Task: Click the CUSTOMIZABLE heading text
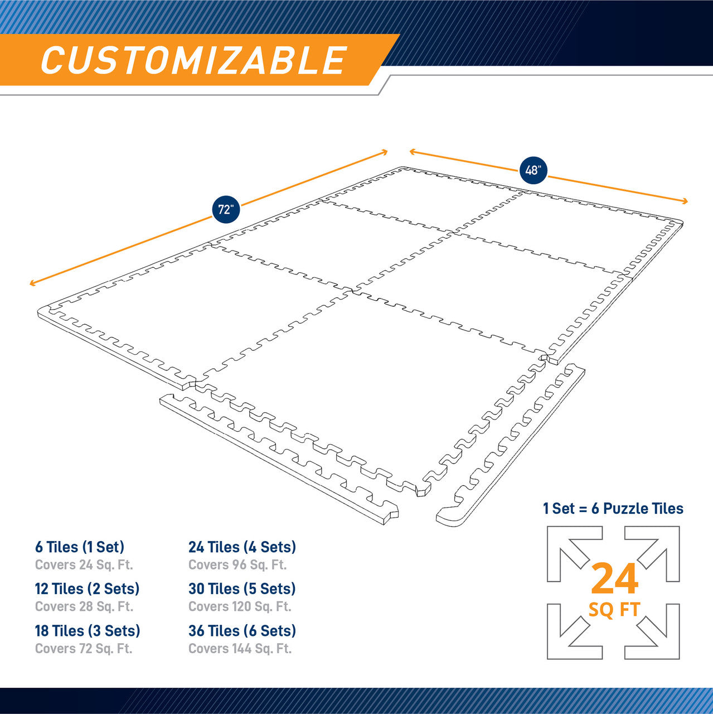tap(193, 60)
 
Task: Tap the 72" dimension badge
tap(226, 210)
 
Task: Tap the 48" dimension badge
tap(533, 170)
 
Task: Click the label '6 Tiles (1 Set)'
tap(80, 547)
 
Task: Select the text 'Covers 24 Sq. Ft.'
tap(84, 565)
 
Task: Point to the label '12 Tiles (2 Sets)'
tap(87, 588)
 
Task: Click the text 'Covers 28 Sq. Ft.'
tap(84, 606)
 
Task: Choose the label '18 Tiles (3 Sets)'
tap(88, 631)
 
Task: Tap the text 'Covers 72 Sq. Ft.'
tap(84, 649)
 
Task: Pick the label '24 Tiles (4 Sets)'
tap(242, 547)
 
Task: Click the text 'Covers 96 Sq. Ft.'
tap(237, 565)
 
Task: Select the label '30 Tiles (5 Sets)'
tap(242, 588)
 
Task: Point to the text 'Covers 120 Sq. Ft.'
tap(240, 606)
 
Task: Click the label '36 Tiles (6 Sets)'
tap(242, 631)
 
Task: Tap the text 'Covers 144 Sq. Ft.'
tap(240, 649)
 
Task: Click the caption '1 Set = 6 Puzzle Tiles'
tap(613, 508)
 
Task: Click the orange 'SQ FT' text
tap(614, 609)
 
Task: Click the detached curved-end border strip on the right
tap(510, 446)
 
